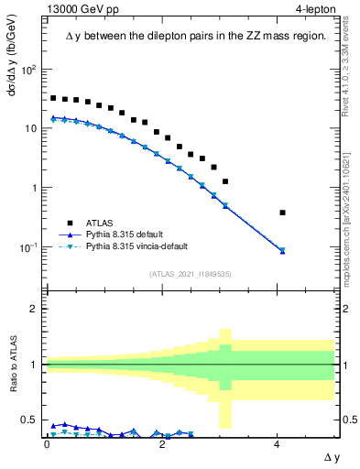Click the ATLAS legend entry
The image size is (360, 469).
(99, 223)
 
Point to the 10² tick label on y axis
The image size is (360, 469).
(29, 70)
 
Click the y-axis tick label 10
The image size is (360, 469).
(31, 129)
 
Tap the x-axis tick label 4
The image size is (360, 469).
(278, 444)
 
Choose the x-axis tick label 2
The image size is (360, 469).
(162, 444)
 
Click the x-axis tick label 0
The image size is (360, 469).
(47, 444)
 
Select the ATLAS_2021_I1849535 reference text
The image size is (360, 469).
(190, 274)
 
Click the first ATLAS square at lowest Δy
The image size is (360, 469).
(53, 98)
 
